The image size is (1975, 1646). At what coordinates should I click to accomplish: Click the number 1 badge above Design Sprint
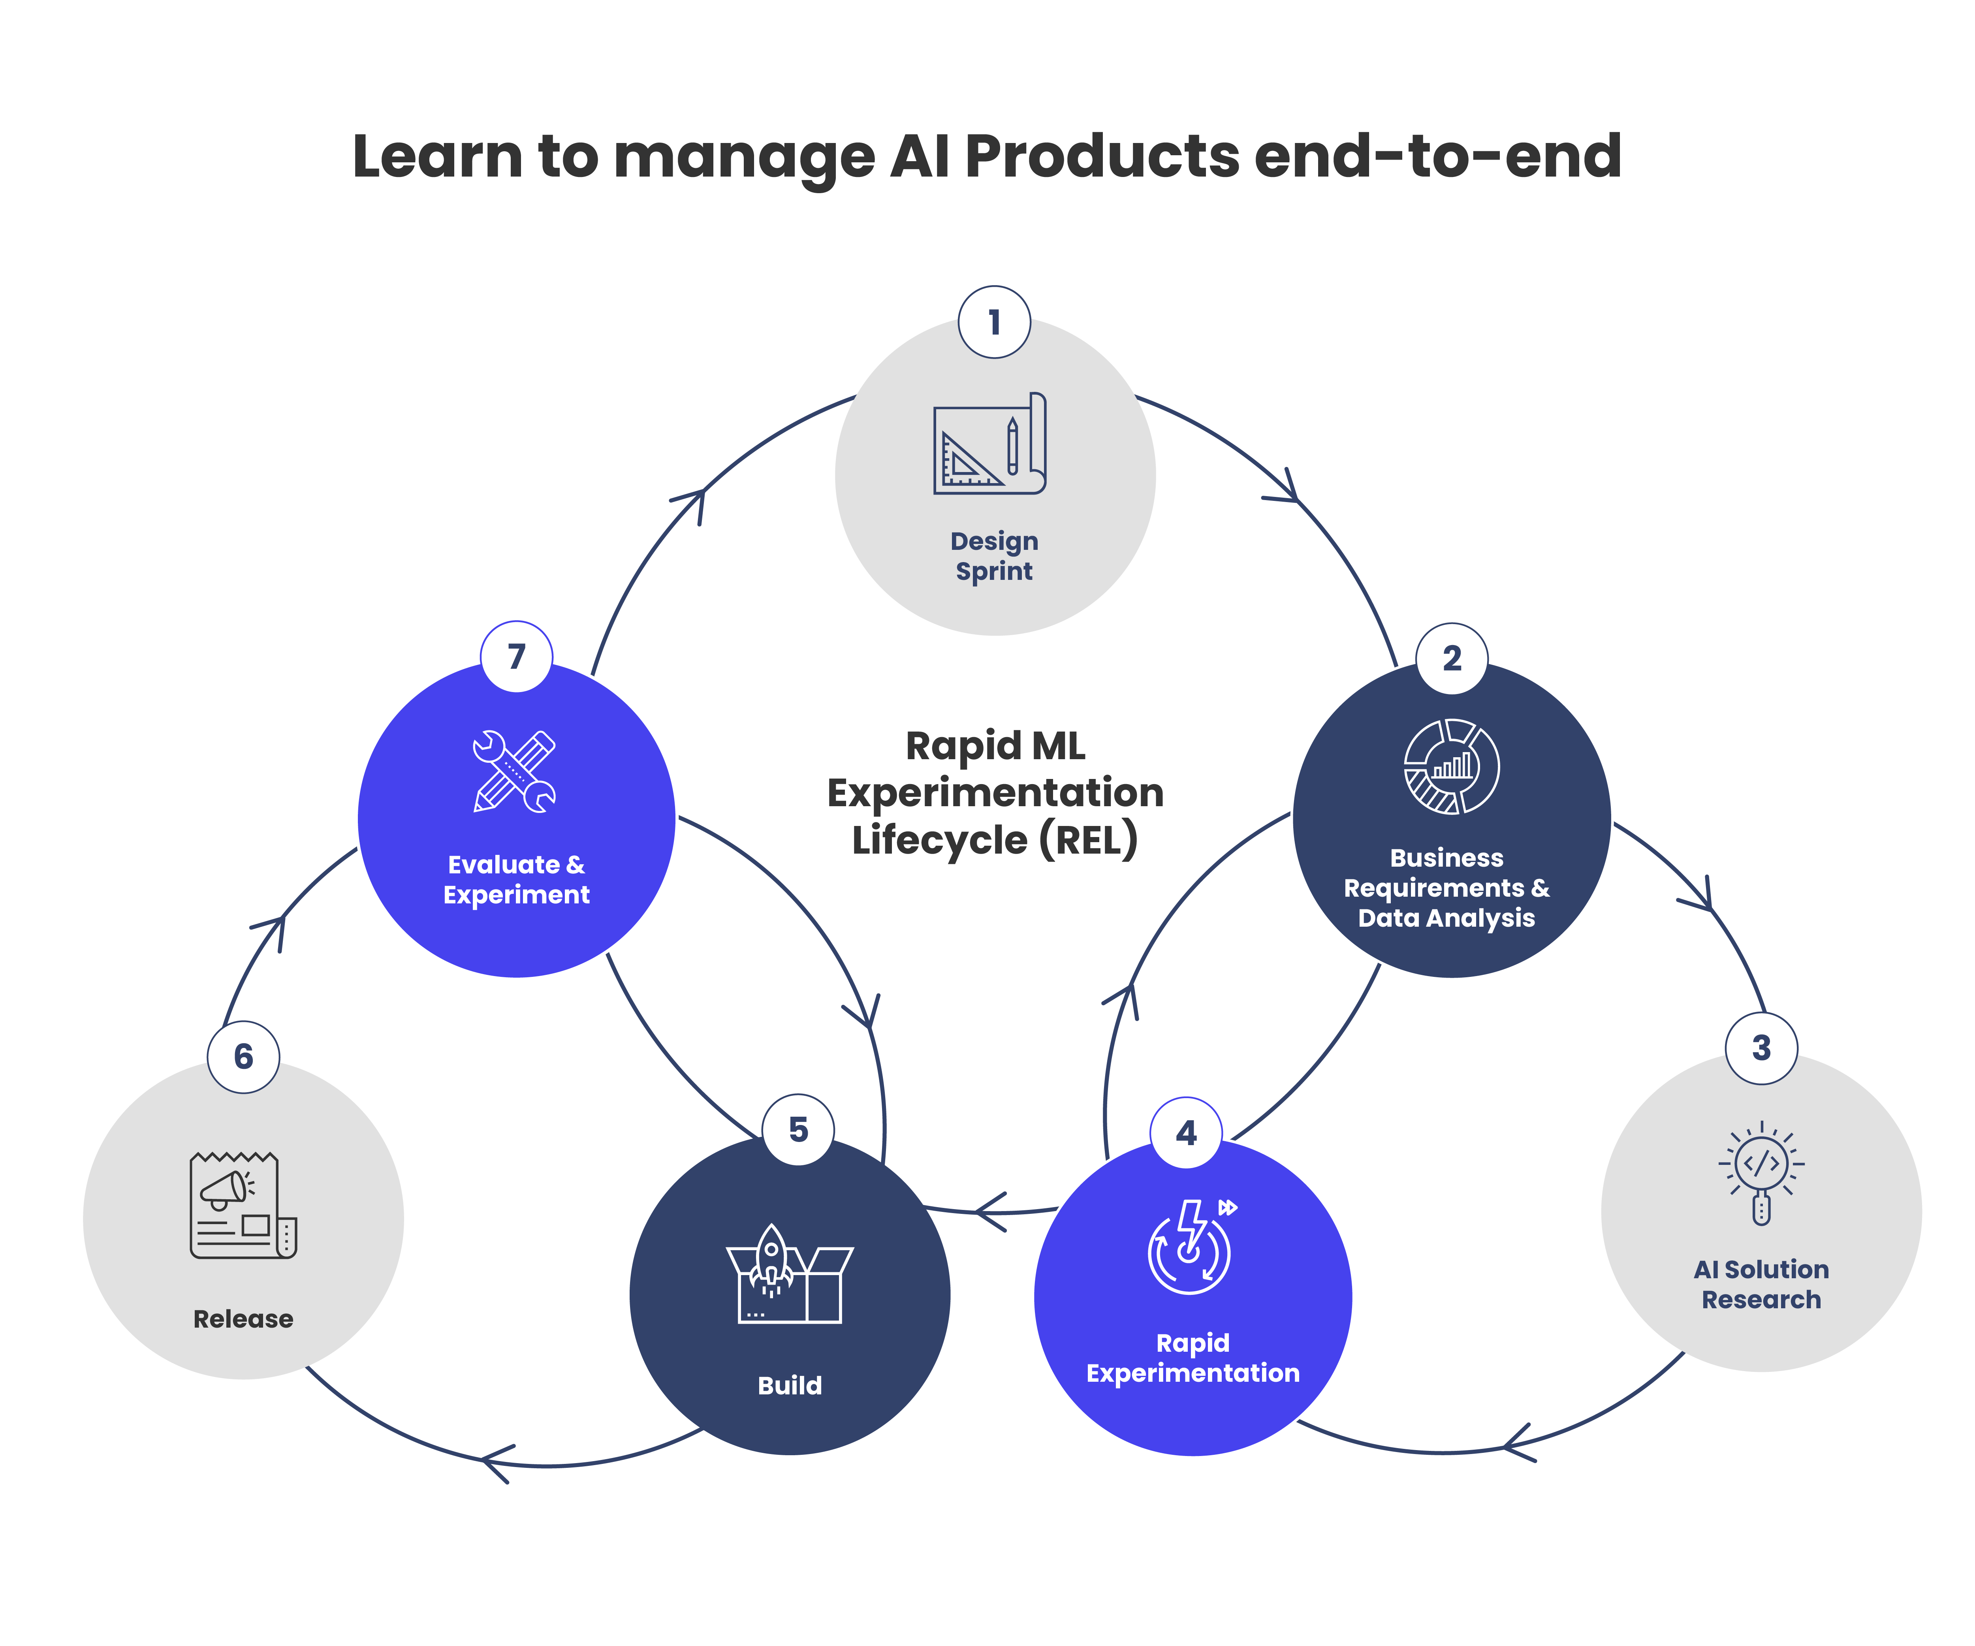(x=994, y=323)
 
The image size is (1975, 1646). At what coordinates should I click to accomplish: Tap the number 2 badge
(x=1452, y=658)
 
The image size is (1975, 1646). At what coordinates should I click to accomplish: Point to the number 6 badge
(x=244, y=1056)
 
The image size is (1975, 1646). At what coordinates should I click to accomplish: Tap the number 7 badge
(x=516, y=657)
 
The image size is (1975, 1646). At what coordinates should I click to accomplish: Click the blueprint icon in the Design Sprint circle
(x=989, y=444)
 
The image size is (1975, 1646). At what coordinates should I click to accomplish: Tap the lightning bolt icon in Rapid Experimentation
(x=1192, y=1246)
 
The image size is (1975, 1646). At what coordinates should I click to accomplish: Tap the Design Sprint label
(x=994, y=556)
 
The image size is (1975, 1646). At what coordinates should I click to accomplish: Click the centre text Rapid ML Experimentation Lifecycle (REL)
(x=995, y=793)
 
